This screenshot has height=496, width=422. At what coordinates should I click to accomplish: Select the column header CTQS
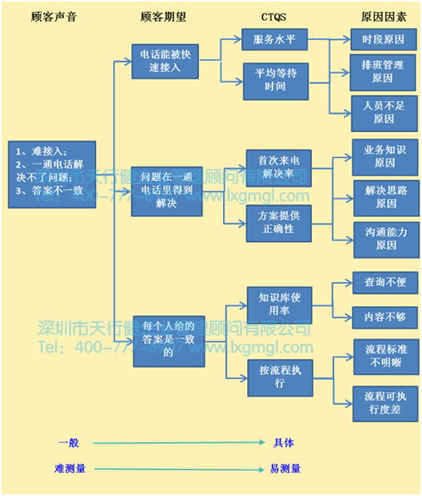274,14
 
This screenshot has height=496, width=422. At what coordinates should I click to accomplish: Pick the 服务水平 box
275,40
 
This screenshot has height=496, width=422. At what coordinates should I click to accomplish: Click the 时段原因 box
384,40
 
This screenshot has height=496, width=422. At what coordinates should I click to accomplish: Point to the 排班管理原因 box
384,72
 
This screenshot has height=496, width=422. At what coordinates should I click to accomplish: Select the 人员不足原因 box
384,112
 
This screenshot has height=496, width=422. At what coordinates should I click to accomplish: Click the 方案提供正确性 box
279,223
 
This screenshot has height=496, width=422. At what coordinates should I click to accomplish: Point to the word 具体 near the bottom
283,442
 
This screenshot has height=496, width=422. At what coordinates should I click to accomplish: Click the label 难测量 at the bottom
70,468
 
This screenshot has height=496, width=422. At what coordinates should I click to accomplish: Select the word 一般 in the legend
70,442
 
